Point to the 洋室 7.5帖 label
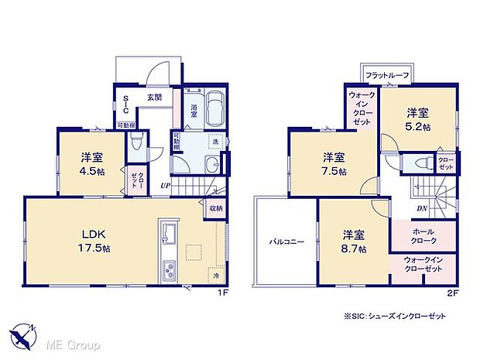[x=334, y=164]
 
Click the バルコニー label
[x=286, y=242]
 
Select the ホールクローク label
[x=424, y=235]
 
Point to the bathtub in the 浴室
[x=213, y=108]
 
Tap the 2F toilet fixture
[x=421, y=163]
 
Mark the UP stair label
[x=166, y=186]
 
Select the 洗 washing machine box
[x=216, y=142]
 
